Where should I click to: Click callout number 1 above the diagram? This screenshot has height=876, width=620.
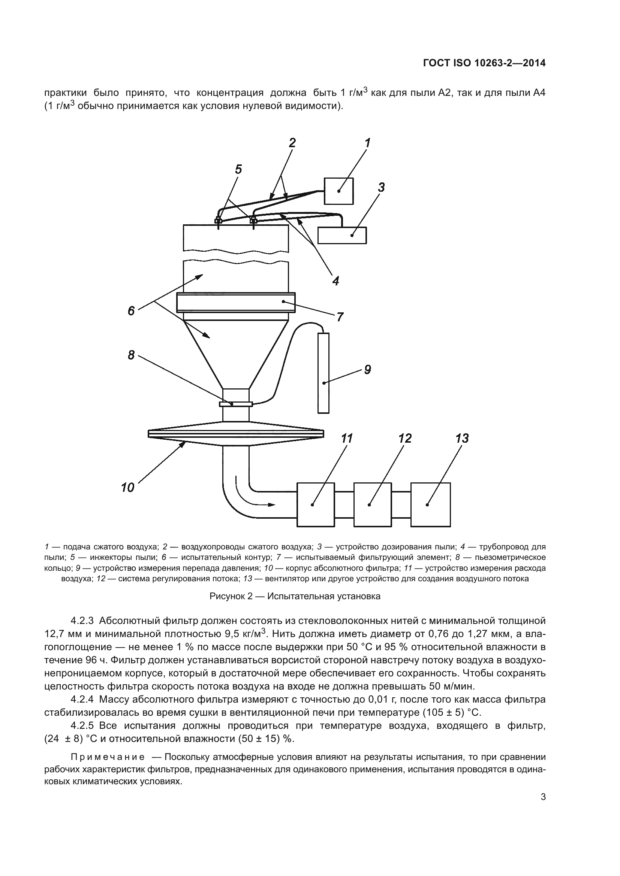point(367,143)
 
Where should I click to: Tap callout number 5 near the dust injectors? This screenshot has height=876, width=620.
point(238,169)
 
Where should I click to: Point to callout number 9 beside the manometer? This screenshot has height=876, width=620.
point(367,369)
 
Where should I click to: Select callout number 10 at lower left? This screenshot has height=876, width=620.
point(127,487)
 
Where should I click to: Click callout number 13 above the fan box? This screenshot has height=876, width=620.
point(462,439)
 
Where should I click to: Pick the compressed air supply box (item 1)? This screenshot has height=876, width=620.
point(338,191)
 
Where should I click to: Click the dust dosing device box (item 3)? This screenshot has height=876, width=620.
point(342,235)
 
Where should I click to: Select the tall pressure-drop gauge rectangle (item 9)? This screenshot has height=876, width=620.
point(323,373)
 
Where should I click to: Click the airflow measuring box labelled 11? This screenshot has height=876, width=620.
point(316,504)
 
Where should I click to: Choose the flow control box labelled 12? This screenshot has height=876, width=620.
point(373,504)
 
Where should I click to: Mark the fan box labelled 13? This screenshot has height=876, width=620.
point(430,504)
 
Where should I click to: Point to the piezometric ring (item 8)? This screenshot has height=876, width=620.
point(236,404)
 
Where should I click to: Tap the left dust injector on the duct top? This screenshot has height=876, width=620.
point(219,221)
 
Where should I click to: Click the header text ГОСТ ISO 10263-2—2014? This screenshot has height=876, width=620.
point(484,63)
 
